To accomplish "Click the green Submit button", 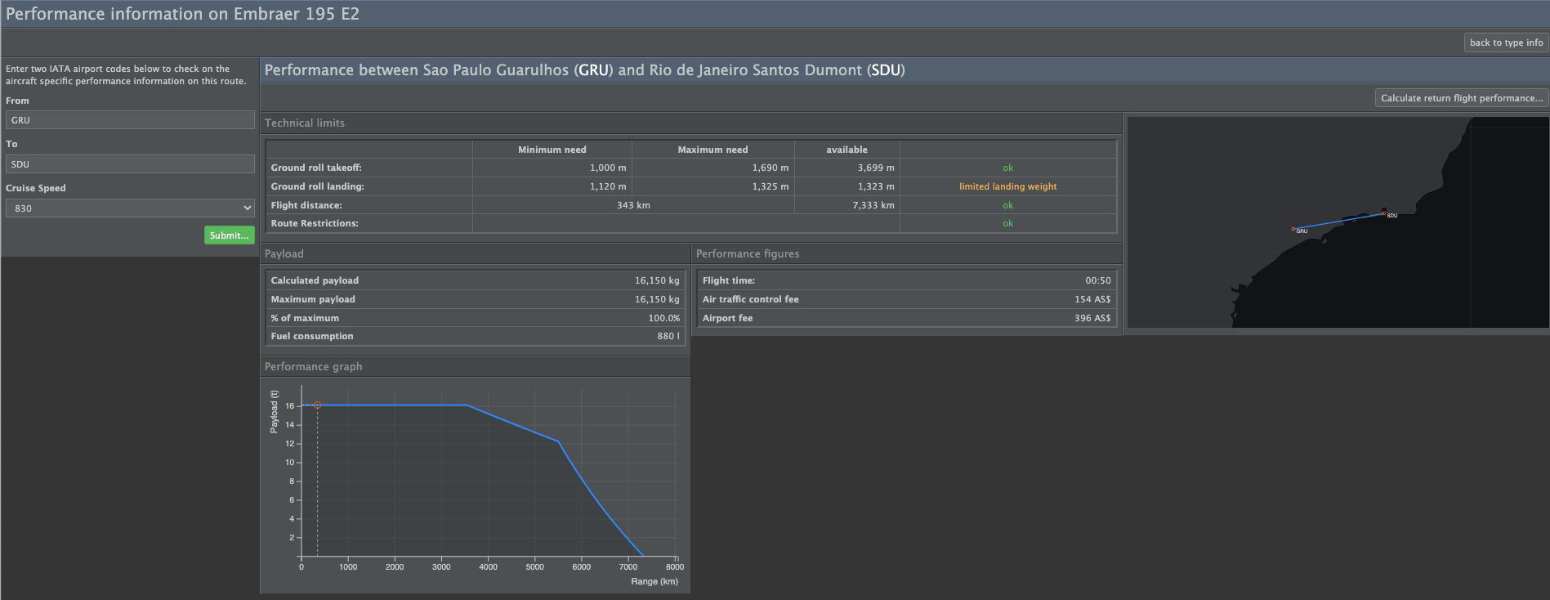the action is click(229, 235).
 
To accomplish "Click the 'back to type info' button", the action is click(1506, 43).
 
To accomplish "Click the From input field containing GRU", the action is click(130, 120).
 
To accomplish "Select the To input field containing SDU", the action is click(130, 164).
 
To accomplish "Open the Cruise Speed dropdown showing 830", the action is click(130, 208).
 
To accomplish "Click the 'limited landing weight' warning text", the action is click(1007, 186).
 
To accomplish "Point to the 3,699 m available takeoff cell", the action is click(876, 168).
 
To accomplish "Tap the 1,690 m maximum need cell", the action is click(771, 168).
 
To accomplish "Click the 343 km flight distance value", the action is click(633, 205).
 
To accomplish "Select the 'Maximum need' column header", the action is click(712, 150).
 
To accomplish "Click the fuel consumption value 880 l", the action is click(668, 336).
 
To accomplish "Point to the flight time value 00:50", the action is click(1098, 280).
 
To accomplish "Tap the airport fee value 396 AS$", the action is click(1092, 318).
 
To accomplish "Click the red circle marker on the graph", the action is click(318, 405).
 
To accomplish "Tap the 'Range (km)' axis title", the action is click(654, 581).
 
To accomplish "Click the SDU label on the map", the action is click(1392, 216).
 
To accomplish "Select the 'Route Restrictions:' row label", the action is click(315, 223).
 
